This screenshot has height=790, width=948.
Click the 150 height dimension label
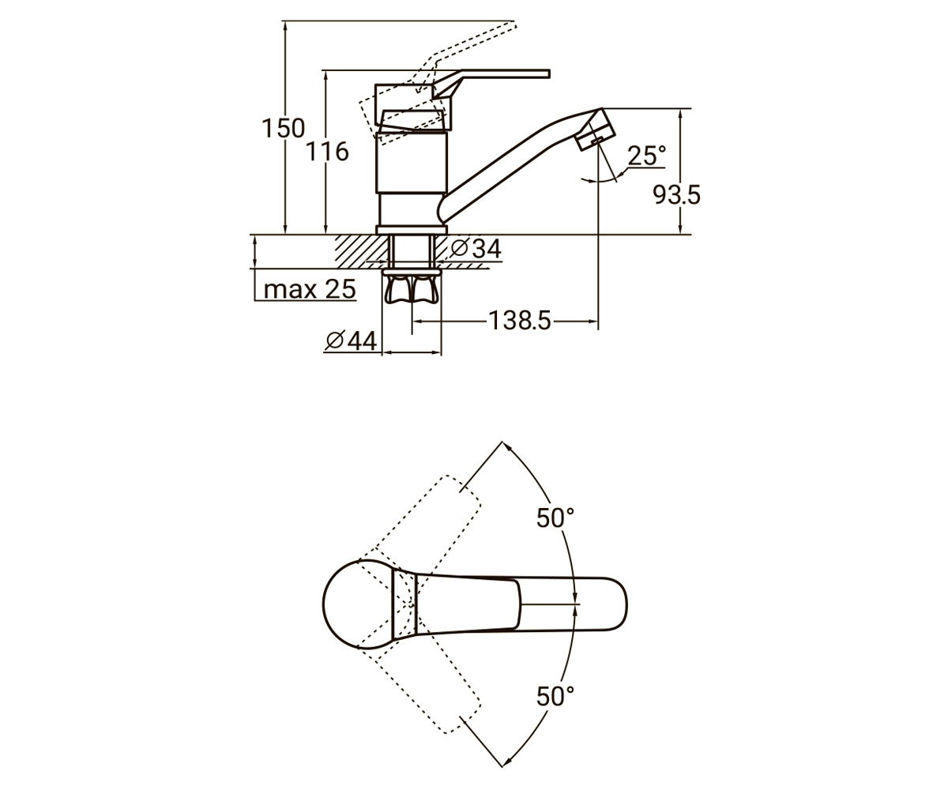click(x=284, y=128)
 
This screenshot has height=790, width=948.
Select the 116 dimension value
click(x=327, y=151)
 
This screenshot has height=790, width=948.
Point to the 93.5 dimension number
click(x=676, y=195)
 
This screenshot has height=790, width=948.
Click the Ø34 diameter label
click(x=476, y=248)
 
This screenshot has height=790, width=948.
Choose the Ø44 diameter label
click(x=351, y=341)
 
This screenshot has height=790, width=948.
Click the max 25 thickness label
click(x=310, y=289)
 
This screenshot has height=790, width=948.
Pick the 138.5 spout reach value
click(x=519, y=321)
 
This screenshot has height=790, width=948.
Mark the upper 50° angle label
click(x=555, y=517)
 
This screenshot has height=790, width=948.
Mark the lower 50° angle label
click(x=555, y=697)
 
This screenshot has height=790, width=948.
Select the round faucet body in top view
click(x=359, y=604)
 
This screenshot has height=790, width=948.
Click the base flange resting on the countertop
click(x=412, y=230)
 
